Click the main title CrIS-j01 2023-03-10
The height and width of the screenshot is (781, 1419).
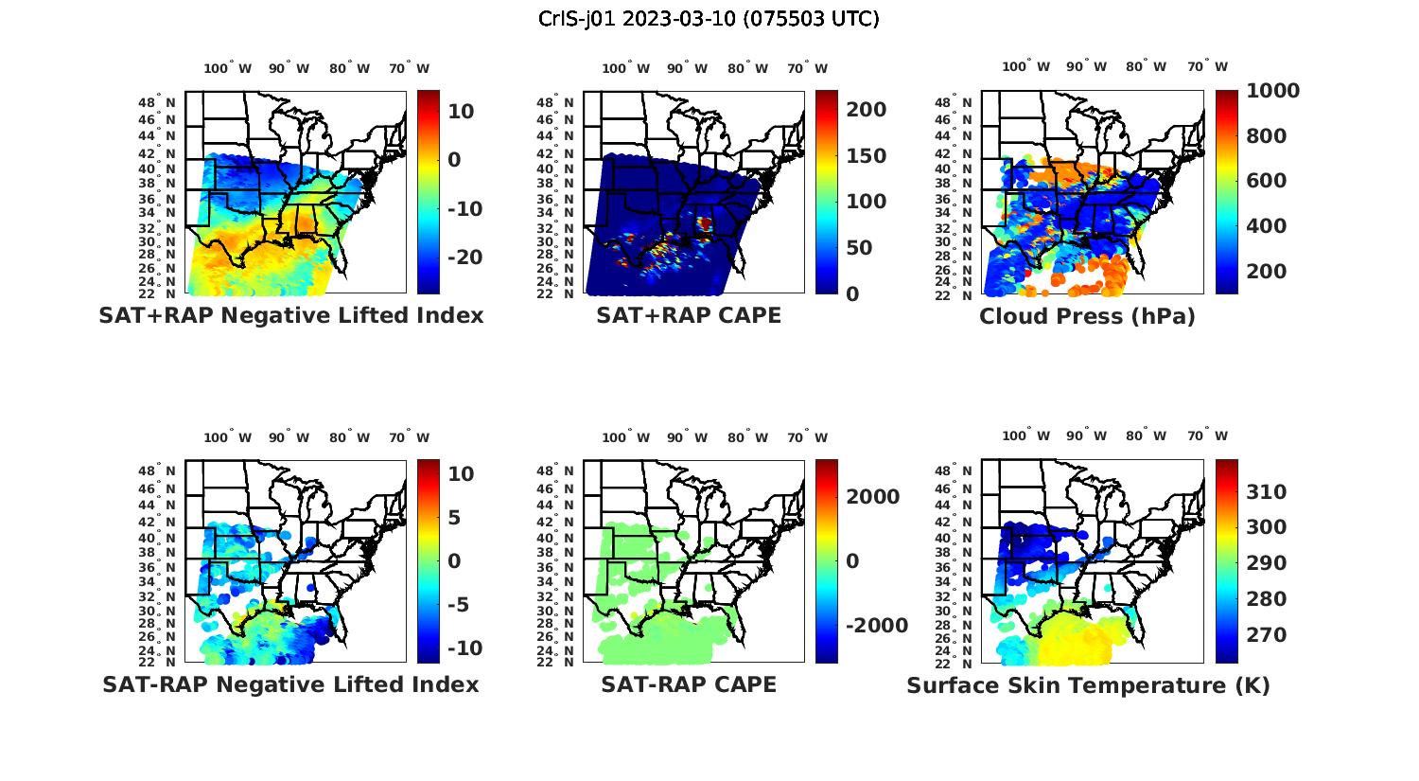click(x=709, y=18)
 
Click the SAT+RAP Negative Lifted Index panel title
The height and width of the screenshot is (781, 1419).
click(x=290, y=315)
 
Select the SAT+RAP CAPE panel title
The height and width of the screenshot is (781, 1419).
click(x=689, y=315)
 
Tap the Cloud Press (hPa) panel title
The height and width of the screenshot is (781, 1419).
click(x=1087, y=316)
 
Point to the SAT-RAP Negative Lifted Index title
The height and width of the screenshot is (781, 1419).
click(x=290, y=684)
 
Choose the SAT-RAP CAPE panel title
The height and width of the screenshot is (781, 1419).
click(x=689, y=684)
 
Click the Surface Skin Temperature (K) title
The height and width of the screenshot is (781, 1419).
click(x=1088, y=685)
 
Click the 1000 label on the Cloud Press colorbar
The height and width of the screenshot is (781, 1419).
click(x=1273, y=91)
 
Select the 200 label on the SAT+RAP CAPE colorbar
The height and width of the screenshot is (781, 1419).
click(x=866, y=110)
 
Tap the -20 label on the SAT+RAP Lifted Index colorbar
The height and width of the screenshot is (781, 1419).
click(x=464, y=257)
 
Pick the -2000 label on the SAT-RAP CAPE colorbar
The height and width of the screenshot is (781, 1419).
click(x=876, y=626)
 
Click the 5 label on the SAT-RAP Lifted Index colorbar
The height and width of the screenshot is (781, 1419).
click(x=453, y=518)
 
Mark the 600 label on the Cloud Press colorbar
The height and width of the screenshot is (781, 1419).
click(x=1266, y=181)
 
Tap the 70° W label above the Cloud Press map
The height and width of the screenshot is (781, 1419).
click(x=1208, y=66)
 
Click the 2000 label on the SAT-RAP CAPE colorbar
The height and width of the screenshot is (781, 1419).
click(x=871, y=497)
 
